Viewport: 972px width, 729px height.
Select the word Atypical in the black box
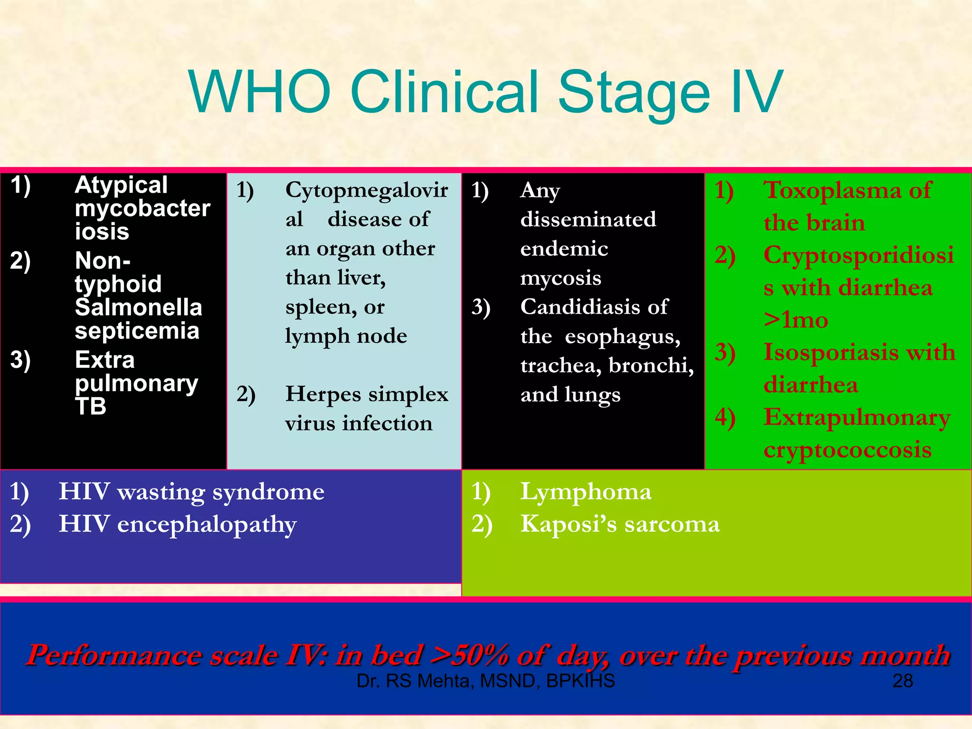(x=121, y=185)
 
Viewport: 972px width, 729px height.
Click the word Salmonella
(x=138, y=308)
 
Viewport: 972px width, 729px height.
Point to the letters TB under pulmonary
(x=90, y=406)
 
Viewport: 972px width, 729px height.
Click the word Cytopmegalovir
(x=366, y=190)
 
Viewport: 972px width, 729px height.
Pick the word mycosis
(x=561, y=278)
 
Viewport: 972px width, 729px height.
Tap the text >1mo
(x=796, y=320)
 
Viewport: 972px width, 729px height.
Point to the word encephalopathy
(x=206, y=525)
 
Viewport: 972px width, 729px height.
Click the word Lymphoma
(x=586, y=492)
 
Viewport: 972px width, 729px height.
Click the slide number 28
(x=902, y=681)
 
